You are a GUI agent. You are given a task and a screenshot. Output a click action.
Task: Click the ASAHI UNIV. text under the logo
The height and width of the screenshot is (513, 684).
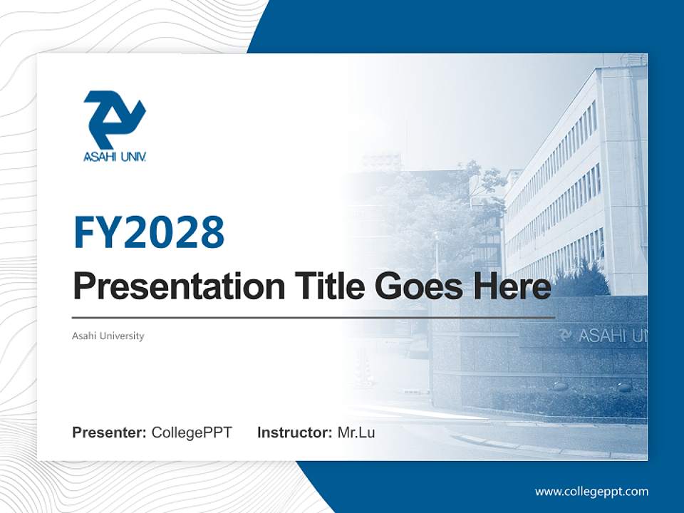(115, 156)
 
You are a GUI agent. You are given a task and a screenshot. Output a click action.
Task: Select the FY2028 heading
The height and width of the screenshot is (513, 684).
(149, 232)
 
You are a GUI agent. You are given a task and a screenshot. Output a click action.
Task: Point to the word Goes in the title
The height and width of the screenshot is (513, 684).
(415, 286)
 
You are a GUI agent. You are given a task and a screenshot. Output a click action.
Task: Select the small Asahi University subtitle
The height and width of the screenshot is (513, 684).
(108, 336)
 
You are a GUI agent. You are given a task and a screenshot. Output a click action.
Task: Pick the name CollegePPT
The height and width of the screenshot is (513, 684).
(192, 432)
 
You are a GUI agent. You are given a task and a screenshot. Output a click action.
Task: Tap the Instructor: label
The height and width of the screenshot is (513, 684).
(294, 432)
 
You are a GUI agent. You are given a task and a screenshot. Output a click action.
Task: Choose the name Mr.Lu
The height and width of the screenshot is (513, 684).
(356, 432)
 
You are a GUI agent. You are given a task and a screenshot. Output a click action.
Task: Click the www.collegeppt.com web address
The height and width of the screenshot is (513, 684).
(591, 492)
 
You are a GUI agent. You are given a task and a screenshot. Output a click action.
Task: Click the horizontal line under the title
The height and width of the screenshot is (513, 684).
(313, 318)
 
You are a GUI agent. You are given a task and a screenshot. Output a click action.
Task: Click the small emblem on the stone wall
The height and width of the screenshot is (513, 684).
(565, 335)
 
